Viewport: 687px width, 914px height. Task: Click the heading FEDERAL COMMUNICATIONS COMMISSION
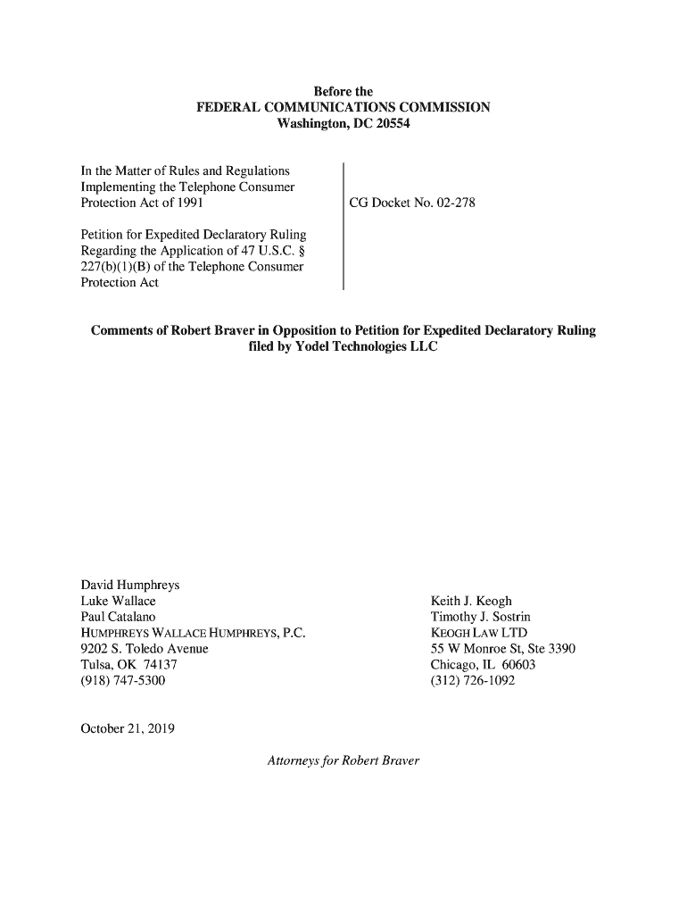coord(343,108)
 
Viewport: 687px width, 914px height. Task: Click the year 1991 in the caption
coord(190,203)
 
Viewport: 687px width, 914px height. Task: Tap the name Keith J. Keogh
coord(471,601)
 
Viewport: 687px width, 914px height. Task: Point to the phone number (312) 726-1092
coord(473,681)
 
